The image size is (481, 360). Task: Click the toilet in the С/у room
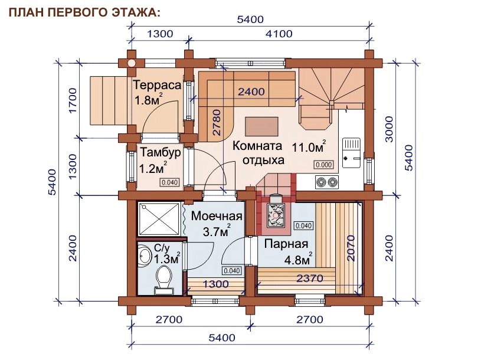pos(164,279)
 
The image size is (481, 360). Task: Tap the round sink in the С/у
pos(145,256)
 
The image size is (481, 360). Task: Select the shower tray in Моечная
pos(159,219)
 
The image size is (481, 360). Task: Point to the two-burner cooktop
pos(327,182)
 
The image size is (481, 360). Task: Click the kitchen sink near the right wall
pos(352,153)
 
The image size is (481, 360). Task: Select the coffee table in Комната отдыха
pos(261,126)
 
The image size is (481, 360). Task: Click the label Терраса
pos(157,85)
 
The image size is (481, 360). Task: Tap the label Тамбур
pos(161,153)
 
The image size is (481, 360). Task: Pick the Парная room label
pos(286,244)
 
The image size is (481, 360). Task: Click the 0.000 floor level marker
pos(324,165)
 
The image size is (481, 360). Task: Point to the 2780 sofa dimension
pos(217,122)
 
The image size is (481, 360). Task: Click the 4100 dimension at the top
pos(279,34)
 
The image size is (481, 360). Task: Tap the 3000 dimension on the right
pos(389,129)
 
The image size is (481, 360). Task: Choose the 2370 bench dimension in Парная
pos(310,278)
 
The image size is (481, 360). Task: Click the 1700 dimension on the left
pos(73,100)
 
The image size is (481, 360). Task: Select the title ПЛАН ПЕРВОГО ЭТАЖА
pos(84,12)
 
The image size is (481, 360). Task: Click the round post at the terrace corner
pos(131,63)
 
